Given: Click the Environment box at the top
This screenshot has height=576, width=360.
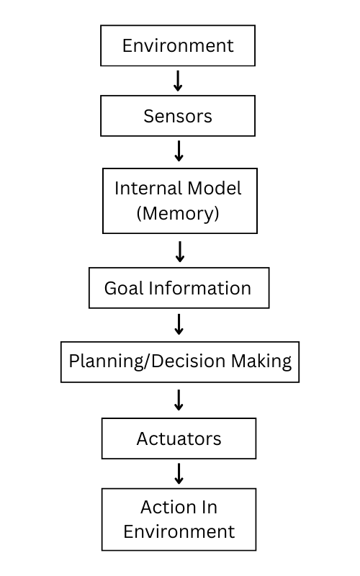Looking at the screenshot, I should point(178,45).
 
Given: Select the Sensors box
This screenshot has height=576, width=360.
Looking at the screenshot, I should point(178,116).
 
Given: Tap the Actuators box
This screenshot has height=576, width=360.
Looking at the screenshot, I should point(179,438).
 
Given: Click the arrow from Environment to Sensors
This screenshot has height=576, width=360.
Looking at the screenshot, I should point(178,80).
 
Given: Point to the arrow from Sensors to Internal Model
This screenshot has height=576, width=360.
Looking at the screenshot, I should point(179,150).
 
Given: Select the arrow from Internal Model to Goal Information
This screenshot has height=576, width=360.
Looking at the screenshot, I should point(180,251).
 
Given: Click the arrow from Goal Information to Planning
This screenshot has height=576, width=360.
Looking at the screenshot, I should point(179,324).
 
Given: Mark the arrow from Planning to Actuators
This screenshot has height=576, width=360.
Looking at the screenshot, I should point(179,400).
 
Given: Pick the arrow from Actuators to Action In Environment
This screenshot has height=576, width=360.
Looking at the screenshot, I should point(179,473).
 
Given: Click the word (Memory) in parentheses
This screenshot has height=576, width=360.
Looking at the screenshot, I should point(178,213).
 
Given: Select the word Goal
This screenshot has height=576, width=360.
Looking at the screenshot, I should point(124,289).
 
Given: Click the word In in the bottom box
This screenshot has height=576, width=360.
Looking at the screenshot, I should point(208,507).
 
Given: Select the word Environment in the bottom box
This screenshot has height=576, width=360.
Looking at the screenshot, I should point(179,532).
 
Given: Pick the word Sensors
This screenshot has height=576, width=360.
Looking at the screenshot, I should point(178,116).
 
